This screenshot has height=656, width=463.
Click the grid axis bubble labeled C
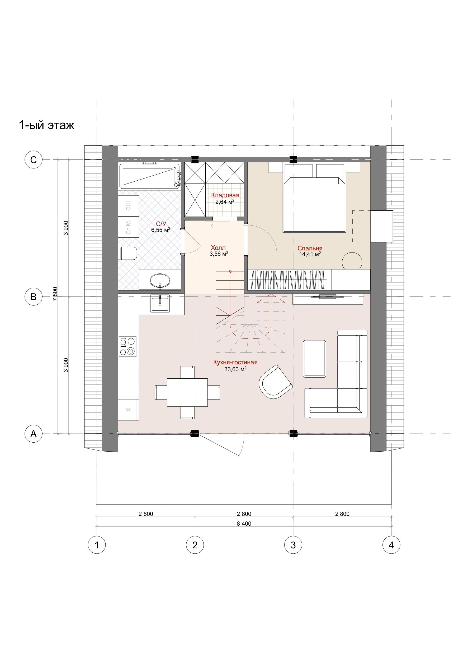tap(33, 159)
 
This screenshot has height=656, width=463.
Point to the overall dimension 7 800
tap(55, 294)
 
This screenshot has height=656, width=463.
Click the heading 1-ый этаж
tap(46, 125)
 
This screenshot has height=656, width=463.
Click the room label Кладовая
tap(225, 195)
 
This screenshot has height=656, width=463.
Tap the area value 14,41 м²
tap(310, 254)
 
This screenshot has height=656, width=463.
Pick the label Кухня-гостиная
tap(235, 362)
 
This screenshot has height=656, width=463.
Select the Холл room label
tap(218, 248)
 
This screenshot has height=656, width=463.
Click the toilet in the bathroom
tap(127, 253)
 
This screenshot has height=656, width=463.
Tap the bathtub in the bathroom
tap(149, 176)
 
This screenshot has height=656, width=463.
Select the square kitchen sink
tap(160, 303)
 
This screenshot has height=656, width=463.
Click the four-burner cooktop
tap(127, 346)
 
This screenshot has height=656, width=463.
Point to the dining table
tap(187, 392)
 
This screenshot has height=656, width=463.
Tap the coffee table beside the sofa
tap(315, 359)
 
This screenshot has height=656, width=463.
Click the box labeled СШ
tap(128, 206)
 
